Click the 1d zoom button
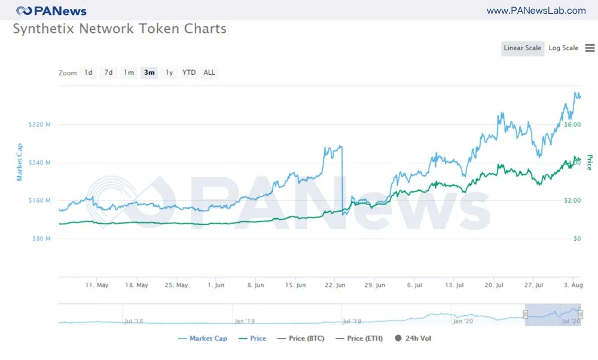click(x=89, y=73)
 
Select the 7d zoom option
click(x=108, y=73)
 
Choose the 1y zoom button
click(x=169, y=73)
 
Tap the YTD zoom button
click(x=189, y=73)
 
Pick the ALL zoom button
click(x=209, y=73)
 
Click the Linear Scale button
click(x=523, y=48)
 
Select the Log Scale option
click(x=563, y=48)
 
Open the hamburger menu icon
click(x=590, y=48)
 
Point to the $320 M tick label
click(x=39, y=125)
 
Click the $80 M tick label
click(x=41, y=239)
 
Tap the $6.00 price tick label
click(x=572, y=125)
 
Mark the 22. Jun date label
click(x=335, y=285)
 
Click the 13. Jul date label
click(x=453, y=285)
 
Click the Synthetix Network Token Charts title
click(x=120, y=29)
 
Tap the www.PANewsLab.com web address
click(x=536, y=11)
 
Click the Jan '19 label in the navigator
click(x=245, y=321)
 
